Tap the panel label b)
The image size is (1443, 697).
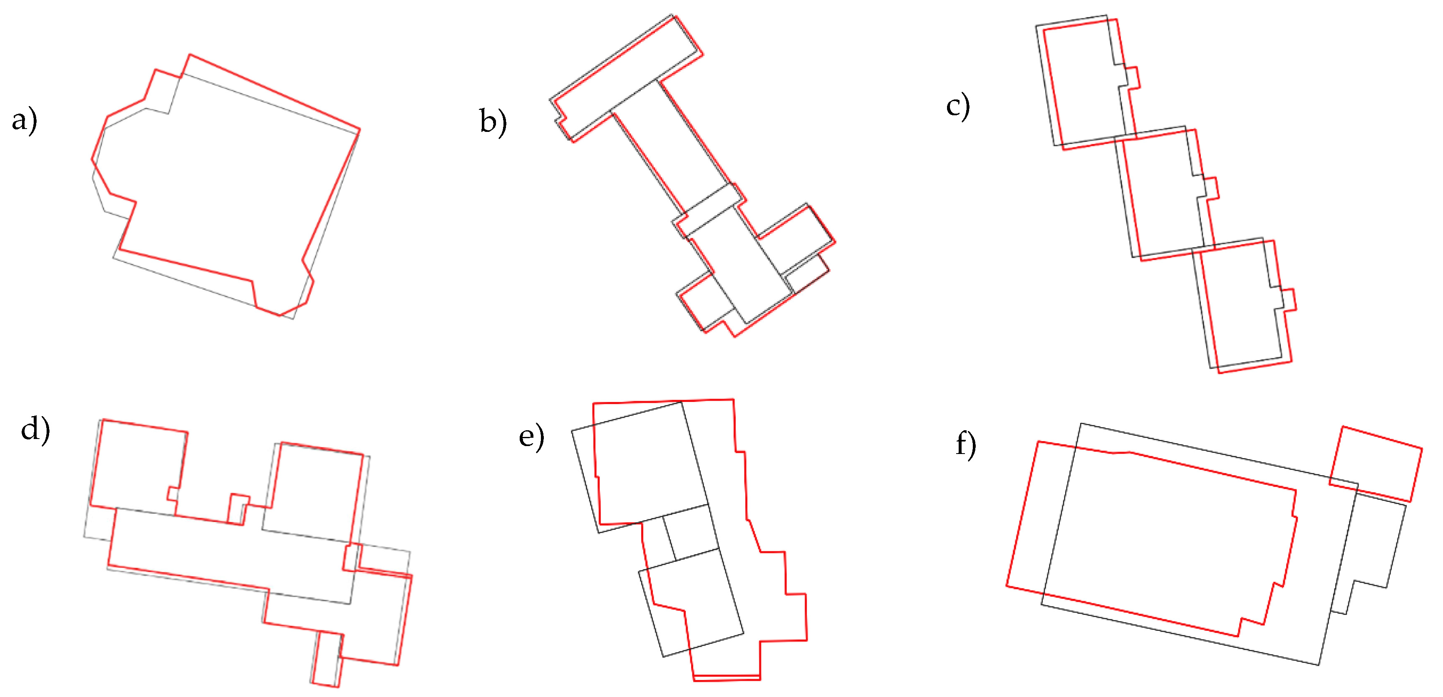coord(493,122)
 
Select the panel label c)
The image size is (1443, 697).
coord(958,107)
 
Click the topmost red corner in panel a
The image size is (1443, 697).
coord(190,55)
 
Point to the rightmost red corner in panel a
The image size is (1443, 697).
coord(360,129)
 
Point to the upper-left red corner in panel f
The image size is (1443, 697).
coord(1039,442)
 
